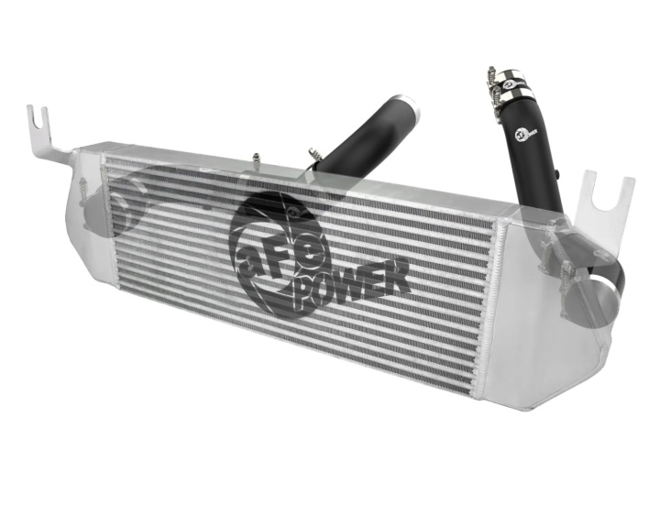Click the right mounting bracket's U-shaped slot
[x=611, y=196]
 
